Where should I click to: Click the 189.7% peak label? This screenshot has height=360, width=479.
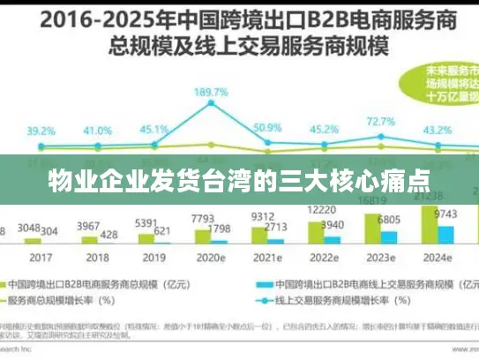point(212,92)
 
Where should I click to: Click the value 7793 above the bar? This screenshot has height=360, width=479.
point(202,218)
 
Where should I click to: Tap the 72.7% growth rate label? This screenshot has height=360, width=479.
point(380,121)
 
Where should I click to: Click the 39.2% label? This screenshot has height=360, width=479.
point(41,131)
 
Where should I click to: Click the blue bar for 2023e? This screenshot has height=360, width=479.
point(389,236)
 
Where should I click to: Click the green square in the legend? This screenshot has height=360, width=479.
point(18,285)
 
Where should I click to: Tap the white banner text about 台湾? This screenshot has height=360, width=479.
point(239,183)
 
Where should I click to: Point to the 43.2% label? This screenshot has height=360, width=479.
point(438,131)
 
